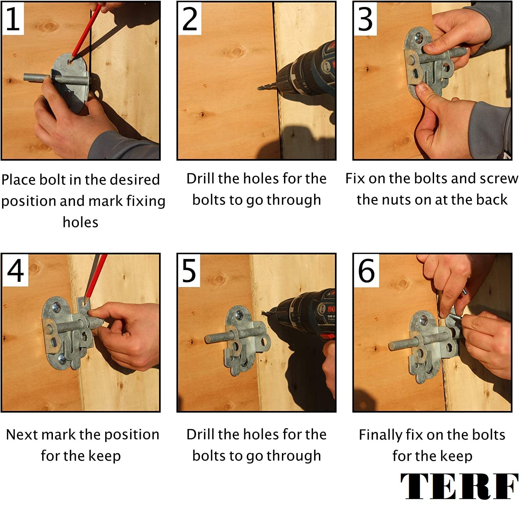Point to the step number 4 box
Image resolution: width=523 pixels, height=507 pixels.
click(15, 271)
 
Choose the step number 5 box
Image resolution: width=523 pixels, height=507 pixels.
click(189, 271)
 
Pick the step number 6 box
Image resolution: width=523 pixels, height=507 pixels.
click(366, 271)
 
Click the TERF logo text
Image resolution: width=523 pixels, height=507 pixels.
click(459, 486)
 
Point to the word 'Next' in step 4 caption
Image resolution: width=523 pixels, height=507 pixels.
click(22, 434)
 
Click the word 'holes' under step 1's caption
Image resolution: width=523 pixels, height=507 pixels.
click(81, 222)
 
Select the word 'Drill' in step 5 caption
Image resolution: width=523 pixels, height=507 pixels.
click(200, 434)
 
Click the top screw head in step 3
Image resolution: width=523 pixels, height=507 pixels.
click(419, 37)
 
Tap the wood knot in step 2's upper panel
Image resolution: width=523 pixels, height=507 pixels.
click(236, 52)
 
